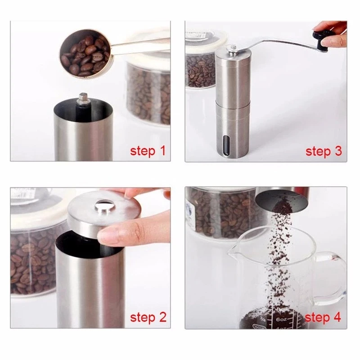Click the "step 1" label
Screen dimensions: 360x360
(x=148, y=151)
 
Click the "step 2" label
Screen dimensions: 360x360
(x=148, y=318)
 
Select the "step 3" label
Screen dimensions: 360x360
(x=324, y=151)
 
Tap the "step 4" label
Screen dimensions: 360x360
(x=323, y=318)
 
